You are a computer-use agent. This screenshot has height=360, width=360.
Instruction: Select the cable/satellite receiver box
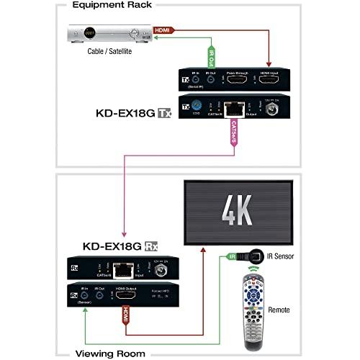coord(102,33)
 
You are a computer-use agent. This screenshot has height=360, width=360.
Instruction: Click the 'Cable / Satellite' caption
coord(102,51)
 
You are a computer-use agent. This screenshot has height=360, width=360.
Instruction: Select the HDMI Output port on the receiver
coord(125,296)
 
